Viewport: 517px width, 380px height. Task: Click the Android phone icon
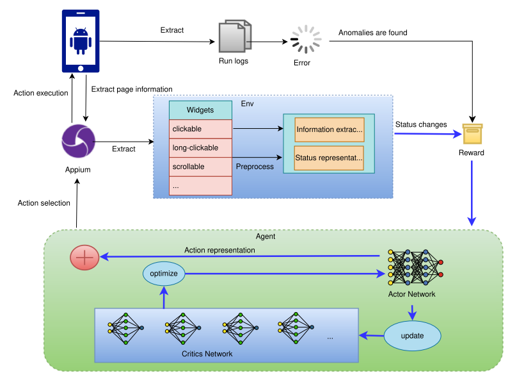tap(81, 41)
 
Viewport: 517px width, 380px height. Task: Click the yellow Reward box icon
tap(472, 134)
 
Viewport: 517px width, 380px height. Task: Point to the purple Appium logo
tap(78, 141)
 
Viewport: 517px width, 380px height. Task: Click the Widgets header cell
tap(200, 110)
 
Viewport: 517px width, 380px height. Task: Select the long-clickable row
tap(200, 148)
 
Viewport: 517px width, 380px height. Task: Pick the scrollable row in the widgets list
tap(200, 167)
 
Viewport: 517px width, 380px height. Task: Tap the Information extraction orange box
tap(329, 129)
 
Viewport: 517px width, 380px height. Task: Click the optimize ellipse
tap(164, 274)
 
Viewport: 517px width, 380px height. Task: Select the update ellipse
tap(412, 335)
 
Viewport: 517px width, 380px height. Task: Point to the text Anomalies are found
tap(372, 33)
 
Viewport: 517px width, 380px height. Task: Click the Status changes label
tap(420, 124)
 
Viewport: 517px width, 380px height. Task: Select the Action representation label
tap(219, 250)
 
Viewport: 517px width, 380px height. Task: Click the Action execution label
tap(41, 93)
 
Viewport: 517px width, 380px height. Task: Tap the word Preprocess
tap(255, 167)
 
